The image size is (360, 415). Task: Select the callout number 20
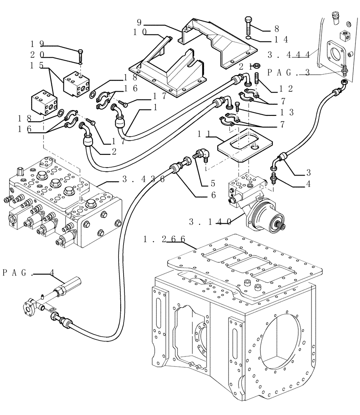click(36, 54)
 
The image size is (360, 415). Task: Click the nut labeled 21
click(257, 66)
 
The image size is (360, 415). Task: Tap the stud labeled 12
click(257, 79)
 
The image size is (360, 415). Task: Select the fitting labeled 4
click(274, 179)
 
